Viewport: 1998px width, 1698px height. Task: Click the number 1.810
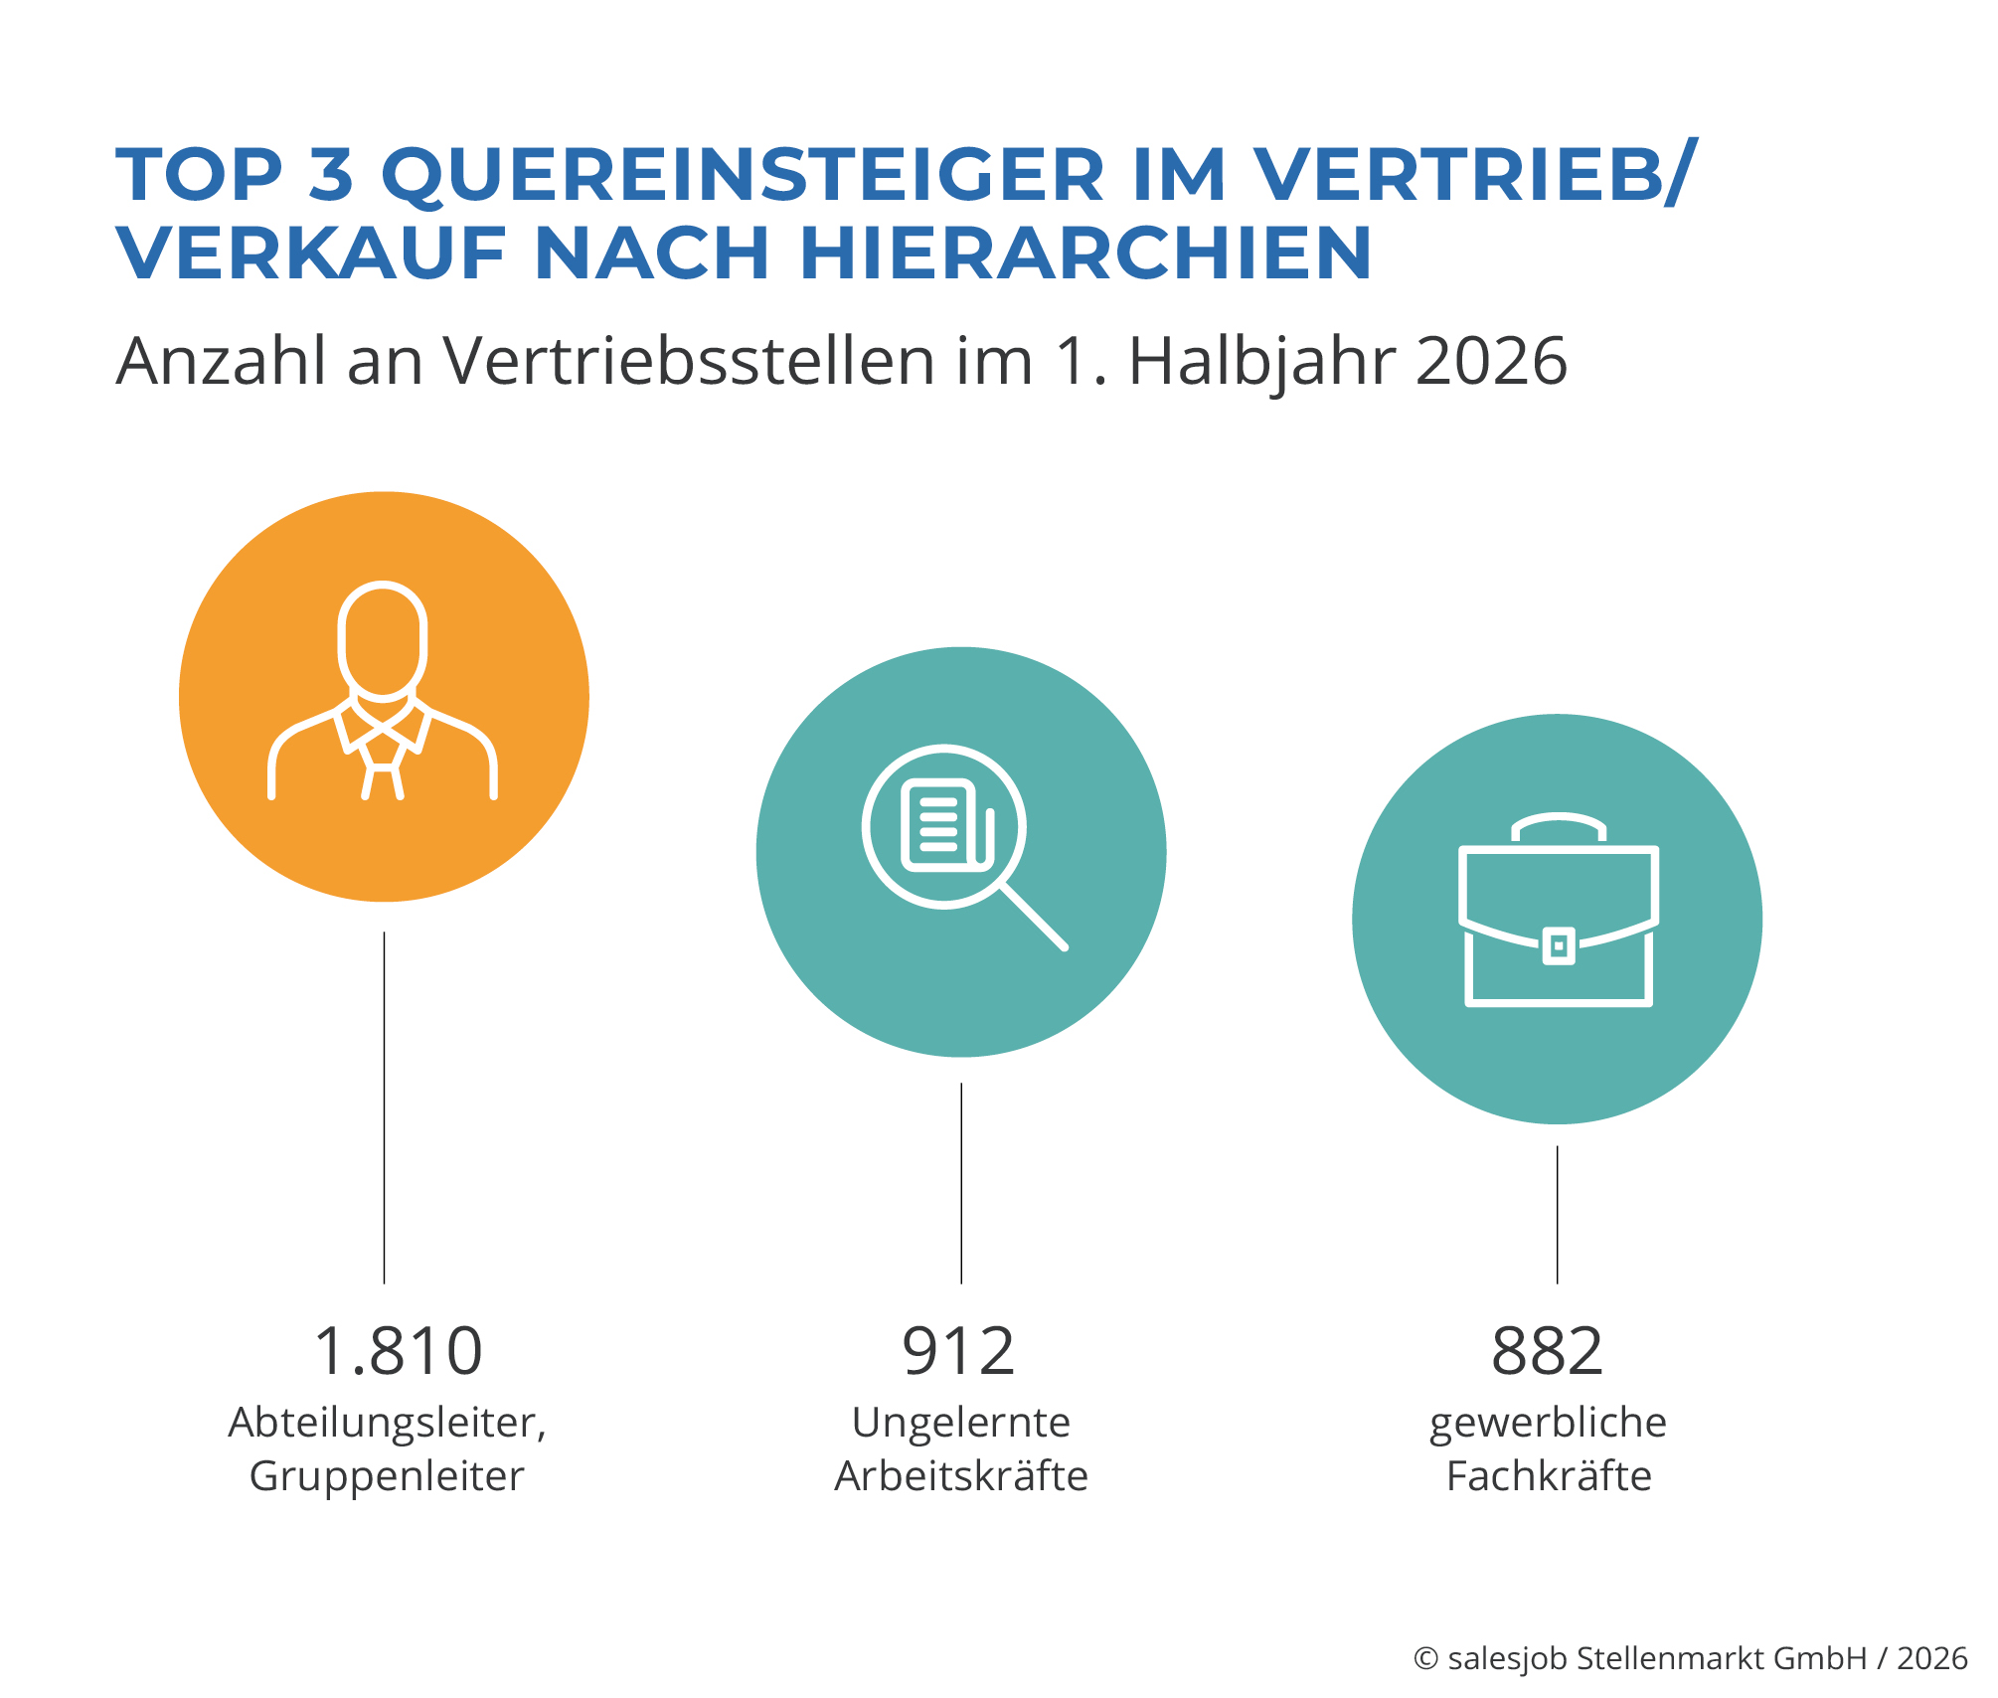point(398,1351)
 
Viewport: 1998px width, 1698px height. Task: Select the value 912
point(959,1351)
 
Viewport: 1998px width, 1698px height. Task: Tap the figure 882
point(1548,1351)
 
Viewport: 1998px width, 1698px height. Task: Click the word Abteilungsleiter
point(385,1423)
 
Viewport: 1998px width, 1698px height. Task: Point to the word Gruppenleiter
point(387,1477)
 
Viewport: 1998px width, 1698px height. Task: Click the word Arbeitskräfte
point(961,1476)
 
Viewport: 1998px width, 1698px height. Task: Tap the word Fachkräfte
point(1549,1476)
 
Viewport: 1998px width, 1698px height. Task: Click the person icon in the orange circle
point(383,690)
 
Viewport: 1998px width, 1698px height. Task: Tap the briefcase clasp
point(1559,946)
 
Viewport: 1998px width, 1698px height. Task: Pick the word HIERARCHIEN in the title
point(1085,253)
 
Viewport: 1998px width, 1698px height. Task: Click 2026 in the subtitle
point(1491,360)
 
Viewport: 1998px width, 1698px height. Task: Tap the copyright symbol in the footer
point(1426,1658)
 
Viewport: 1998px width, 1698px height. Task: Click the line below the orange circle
point(385,1107)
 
